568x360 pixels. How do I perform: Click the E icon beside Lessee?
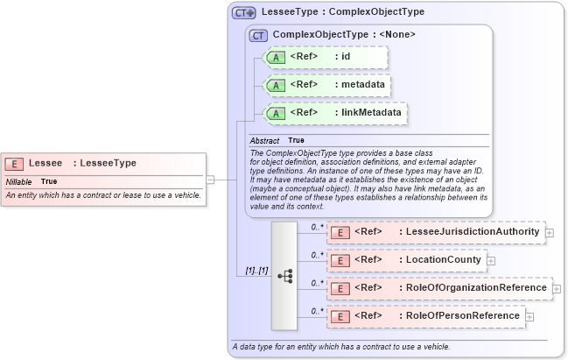click(x=14, y=163)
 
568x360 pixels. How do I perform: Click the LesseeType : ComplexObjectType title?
click(x=342, y=12)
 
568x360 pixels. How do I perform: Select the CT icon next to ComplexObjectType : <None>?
click(x=258, y=35)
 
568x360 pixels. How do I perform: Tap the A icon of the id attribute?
click(x=276, y=57)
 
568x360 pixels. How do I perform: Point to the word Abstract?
click(x=264, y=140)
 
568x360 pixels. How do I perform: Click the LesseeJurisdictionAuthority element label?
click(x=468, y=232)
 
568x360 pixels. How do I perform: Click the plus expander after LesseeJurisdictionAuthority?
click(x=550, y=232)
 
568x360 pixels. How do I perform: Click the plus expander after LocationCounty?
click(x=491, y=260)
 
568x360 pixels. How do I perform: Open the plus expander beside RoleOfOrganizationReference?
click(x=557, y=287)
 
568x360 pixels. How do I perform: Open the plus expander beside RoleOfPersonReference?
click(x=529, y=315)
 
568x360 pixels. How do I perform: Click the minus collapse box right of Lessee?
click(x=210, y=180)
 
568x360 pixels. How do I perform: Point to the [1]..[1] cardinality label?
click(x=251, y=271)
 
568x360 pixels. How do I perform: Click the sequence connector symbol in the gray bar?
click(x=285, y=275)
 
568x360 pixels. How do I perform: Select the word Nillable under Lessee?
click(x=18, y=181)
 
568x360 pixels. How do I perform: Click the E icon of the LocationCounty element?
click(x=340, y=260)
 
